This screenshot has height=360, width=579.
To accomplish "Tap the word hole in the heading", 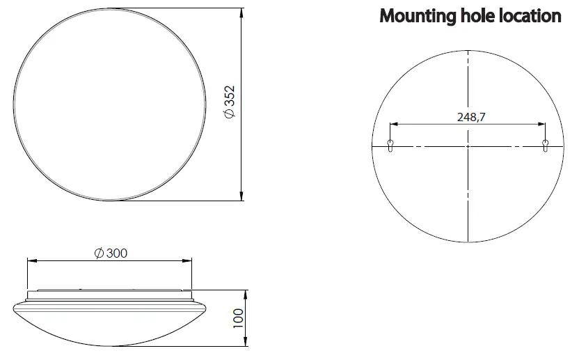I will pyautogui.click(x=474, y=17).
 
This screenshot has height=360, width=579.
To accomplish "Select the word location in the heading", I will pyautogui.click(x=530, y=17).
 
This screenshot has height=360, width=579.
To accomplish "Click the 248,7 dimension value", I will pyautogui.click(x=471, y=116).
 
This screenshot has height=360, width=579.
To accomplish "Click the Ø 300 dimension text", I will pyautogui.click(x=110, y=253).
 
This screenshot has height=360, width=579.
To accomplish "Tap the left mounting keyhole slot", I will pyautogui.click(x=390, y=146).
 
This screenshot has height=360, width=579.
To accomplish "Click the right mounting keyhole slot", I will pyautogui.click(x=546, y=146).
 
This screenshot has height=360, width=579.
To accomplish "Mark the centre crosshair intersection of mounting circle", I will pyautogui.click(x=468, y=146).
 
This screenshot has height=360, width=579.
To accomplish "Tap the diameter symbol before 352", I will pyautogui.click(x=232, y=115).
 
